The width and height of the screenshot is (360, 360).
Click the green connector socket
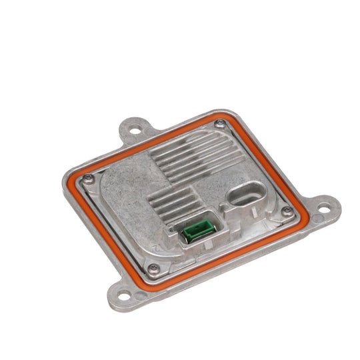[x=197, y=231]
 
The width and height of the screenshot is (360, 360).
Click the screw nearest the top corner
[x=220, y=123]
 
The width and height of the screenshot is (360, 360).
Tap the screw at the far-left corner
[x=88, y=177]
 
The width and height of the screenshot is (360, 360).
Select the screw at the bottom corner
[x=153, y=269]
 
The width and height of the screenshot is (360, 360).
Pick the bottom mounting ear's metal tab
[x=120, y=293]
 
